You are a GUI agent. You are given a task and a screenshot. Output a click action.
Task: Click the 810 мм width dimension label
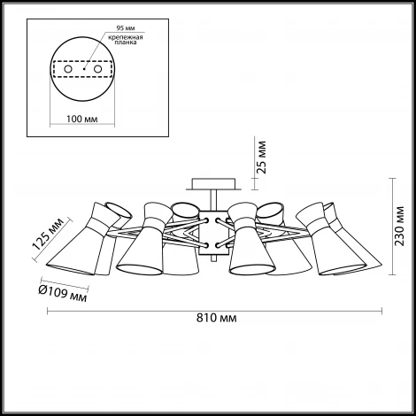[216, 318]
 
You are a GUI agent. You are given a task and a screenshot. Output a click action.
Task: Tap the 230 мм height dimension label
[400, 226]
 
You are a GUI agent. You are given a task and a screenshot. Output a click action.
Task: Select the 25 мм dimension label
[261, 158]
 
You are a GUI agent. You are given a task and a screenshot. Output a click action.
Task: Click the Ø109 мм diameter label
[63, 294]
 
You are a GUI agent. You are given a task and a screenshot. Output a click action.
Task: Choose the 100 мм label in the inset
[82, 119]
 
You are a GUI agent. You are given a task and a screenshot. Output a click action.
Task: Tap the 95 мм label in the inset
[126, 28]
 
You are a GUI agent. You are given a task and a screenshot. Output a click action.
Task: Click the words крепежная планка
[126, 40]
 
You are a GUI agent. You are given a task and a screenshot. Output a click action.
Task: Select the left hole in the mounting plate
[68, 69]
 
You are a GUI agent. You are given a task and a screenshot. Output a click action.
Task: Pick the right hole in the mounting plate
[97, 69]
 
